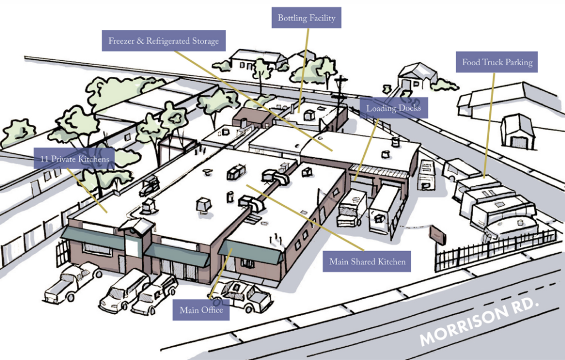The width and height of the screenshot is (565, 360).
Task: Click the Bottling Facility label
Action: (x=306, y=18)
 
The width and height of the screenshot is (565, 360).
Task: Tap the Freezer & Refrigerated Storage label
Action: (x=164, y=40)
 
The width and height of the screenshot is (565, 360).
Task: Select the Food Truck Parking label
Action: (x=497, y=62)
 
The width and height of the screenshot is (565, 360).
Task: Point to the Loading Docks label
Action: (x=394, y=108)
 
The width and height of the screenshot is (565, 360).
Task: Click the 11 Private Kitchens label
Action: (x=74, y=159)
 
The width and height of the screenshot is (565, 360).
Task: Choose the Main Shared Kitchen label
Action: (x=367, y=261)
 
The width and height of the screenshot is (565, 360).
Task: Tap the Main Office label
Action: (x=201, y=310)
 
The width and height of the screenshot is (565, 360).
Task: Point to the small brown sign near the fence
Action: (x=437, y=234)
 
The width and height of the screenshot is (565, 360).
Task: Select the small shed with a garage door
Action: (x=519, y=132)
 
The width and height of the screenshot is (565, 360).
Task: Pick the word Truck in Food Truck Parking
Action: (x=493, y=62)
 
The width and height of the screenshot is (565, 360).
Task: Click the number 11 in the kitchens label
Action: (x=44, y=159)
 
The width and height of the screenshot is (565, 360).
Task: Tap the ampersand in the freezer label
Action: (x=140, y=41)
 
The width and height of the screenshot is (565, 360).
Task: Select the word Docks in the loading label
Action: (x=409, y=108)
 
